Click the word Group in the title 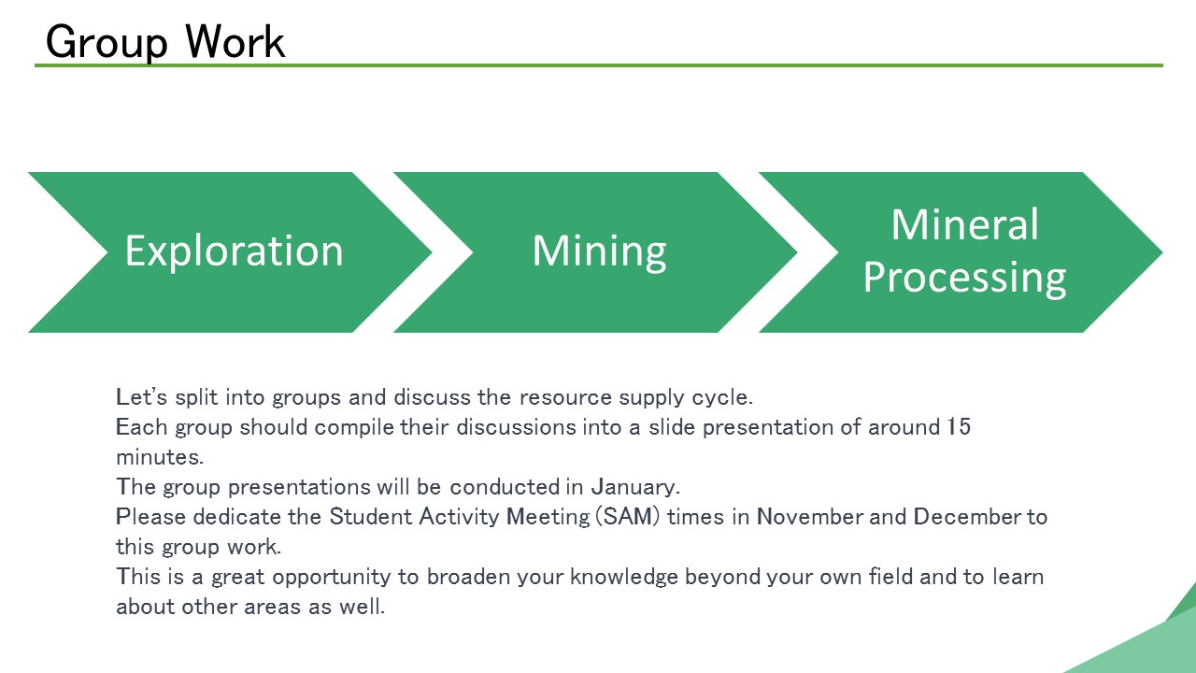107,42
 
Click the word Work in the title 235,41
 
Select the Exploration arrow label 234,251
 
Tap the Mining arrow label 599,252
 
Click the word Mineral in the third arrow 965,224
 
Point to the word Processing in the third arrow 965,279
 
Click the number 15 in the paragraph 959,427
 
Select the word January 635,487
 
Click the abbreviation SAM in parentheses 628,517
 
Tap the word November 809,517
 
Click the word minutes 160,457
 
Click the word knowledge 624,578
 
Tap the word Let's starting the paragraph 141,397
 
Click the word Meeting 548,517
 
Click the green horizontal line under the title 599,65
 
